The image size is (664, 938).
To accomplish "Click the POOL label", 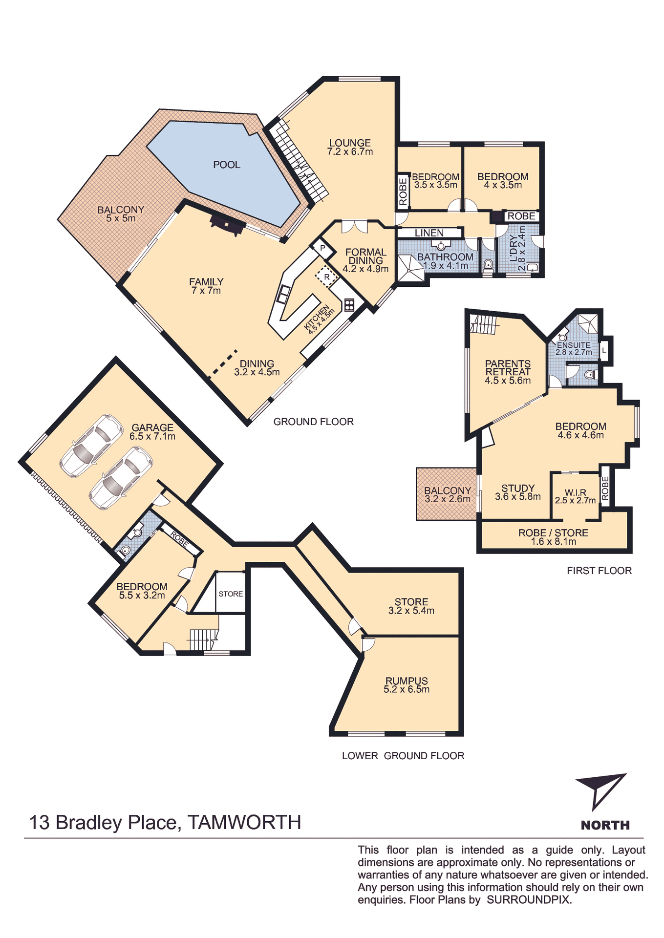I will tap(227, 165).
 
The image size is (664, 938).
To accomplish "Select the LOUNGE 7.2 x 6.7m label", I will tap(350, 147).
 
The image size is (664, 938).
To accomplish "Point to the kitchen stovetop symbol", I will tap(349, 305).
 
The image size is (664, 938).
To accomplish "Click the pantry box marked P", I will tap(322, 249).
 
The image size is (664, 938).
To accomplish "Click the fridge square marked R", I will tap(326, 277).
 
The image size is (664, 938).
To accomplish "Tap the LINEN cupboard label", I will tap(429, 233).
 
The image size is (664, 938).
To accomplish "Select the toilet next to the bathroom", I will tap(488, 264).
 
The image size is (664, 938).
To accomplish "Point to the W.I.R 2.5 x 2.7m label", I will tap(575, 496).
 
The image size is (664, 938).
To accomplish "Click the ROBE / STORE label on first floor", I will tap(553, 537).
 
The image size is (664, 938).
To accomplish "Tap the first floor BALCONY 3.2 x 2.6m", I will tap(447, 494).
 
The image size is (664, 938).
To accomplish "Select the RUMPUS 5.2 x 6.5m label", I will tap(407, 685).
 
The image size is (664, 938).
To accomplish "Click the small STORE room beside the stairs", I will tap(231, 594).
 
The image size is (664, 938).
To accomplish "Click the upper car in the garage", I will tap(91, 445).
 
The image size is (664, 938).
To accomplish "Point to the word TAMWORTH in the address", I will tap(244, 823).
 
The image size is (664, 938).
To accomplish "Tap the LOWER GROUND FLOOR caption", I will tap(403, 756).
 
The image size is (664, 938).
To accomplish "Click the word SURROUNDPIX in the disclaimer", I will tap(528, 900).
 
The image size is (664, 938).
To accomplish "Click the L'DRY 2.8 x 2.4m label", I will tap(522, 248).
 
